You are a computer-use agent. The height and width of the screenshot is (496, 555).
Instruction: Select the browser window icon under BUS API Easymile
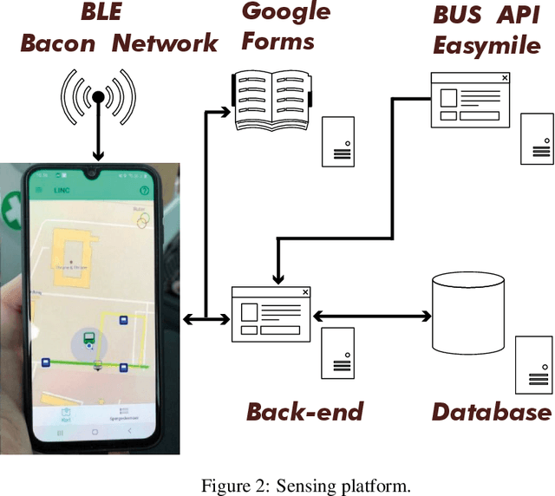click(469, 101)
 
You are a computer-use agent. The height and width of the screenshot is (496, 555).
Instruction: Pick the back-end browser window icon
click(271, 312)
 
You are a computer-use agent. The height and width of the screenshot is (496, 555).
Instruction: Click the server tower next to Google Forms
click(339, 141)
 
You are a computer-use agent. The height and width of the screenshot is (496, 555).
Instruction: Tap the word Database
click(491, 412)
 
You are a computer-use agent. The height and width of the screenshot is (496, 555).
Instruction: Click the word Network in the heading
click(164, 43)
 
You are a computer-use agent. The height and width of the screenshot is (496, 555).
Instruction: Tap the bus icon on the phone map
click(88, 337)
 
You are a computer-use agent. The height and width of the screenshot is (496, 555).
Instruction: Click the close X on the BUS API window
click(504, 78)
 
